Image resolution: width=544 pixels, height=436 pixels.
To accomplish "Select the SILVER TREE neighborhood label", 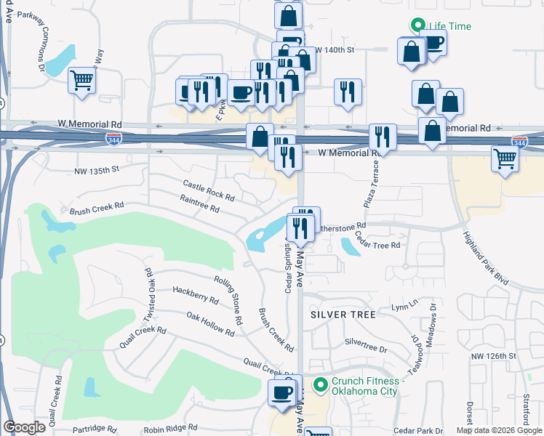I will click(343, 315).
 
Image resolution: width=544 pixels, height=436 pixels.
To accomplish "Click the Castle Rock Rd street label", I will click(209, 192).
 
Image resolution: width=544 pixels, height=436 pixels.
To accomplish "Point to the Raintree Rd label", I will click(199, 203).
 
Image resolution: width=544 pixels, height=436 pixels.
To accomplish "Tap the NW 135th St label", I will click(96, 171).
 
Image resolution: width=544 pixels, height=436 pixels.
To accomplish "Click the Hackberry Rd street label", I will click(196, 294).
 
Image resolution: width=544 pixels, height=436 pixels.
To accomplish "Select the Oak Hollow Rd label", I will click(210, 324).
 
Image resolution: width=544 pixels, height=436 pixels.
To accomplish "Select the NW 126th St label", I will click(493, 356).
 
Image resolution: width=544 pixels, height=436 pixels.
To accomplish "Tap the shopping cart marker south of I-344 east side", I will click(505, 158).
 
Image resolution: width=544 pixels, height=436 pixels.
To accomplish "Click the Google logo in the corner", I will click(24, 427).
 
